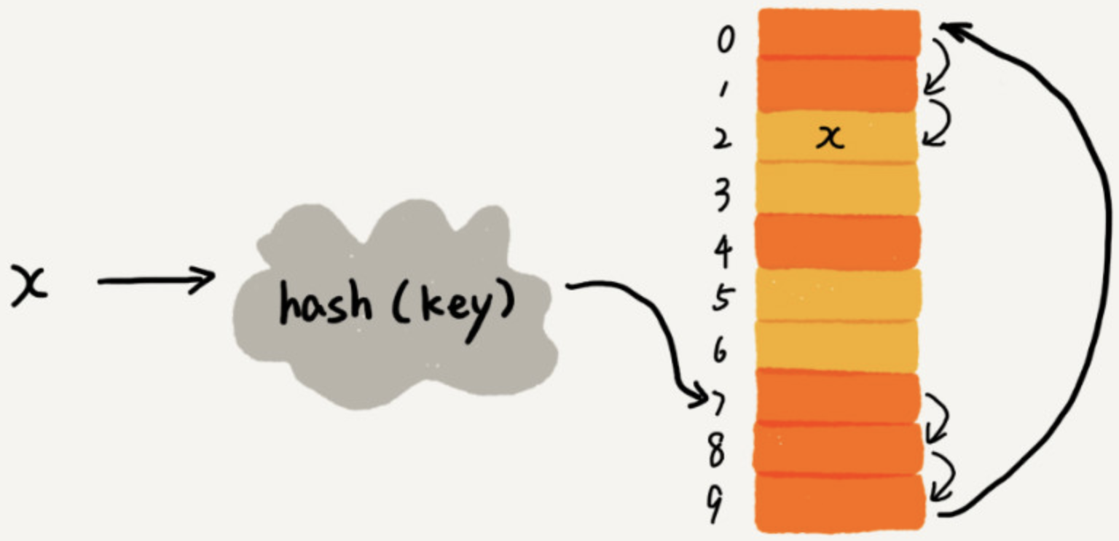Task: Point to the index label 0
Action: point(723,40)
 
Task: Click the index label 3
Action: point(722,195)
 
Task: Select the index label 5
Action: point(721,298)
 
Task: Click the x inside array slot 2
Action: point(830,137)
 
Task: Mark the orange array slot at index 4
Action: point(838,241)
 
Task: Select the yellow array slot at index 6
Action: point(838,344)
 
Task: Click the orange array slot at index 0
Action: point(838,33)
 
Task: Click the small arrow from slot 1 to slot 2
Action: point(940,120)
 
